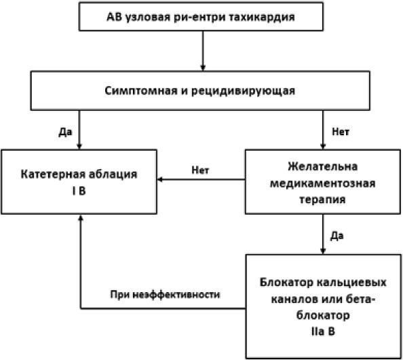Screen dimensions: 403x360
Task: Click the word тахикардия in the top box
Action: click(262, 17)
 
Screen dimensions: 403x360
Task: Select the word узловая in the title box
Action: click(147, 18)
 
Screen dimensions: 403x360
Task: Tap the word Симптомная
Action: click(141, 90)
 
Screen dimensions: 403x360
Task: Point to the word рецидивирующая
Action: click(243, 91)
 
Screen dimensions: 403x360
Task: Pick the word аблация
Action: click(113, 175)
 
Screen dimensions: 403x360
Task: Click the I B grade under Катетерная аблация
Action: click(79, 191)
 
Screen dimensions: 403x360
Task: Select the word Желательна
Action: click(322, 166)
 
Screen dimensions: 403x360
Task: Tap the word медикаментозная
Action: click(322, 183)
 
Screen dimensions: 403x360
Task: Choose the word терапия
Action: click(322, 200)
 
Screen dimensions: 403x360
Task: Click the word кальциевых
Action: click(351, 283)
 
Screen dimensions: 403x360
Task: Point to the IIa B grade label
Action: click(323, 331)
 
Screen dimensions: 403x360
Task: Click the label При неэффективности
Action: click(165, 294)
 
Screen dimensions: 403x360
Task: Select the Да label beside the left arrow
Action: click(66, 132)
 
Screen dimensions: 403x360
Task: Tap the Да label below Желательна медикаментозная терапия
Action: click(337, 236)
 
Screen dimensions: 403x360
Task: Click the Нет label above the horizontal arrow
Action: click(200, 170)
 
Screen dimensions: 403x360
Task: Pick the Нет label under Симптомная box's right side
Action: click(341, 132)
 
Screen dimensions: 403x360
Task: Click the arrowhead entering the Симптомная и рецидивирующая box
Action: click(203, 68)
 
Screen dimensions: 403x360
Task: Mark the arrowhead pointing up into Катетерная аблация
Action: click(81, 218)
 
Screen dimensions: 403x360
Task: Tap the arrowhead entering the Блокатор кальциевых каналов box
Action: click(323, 251)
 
